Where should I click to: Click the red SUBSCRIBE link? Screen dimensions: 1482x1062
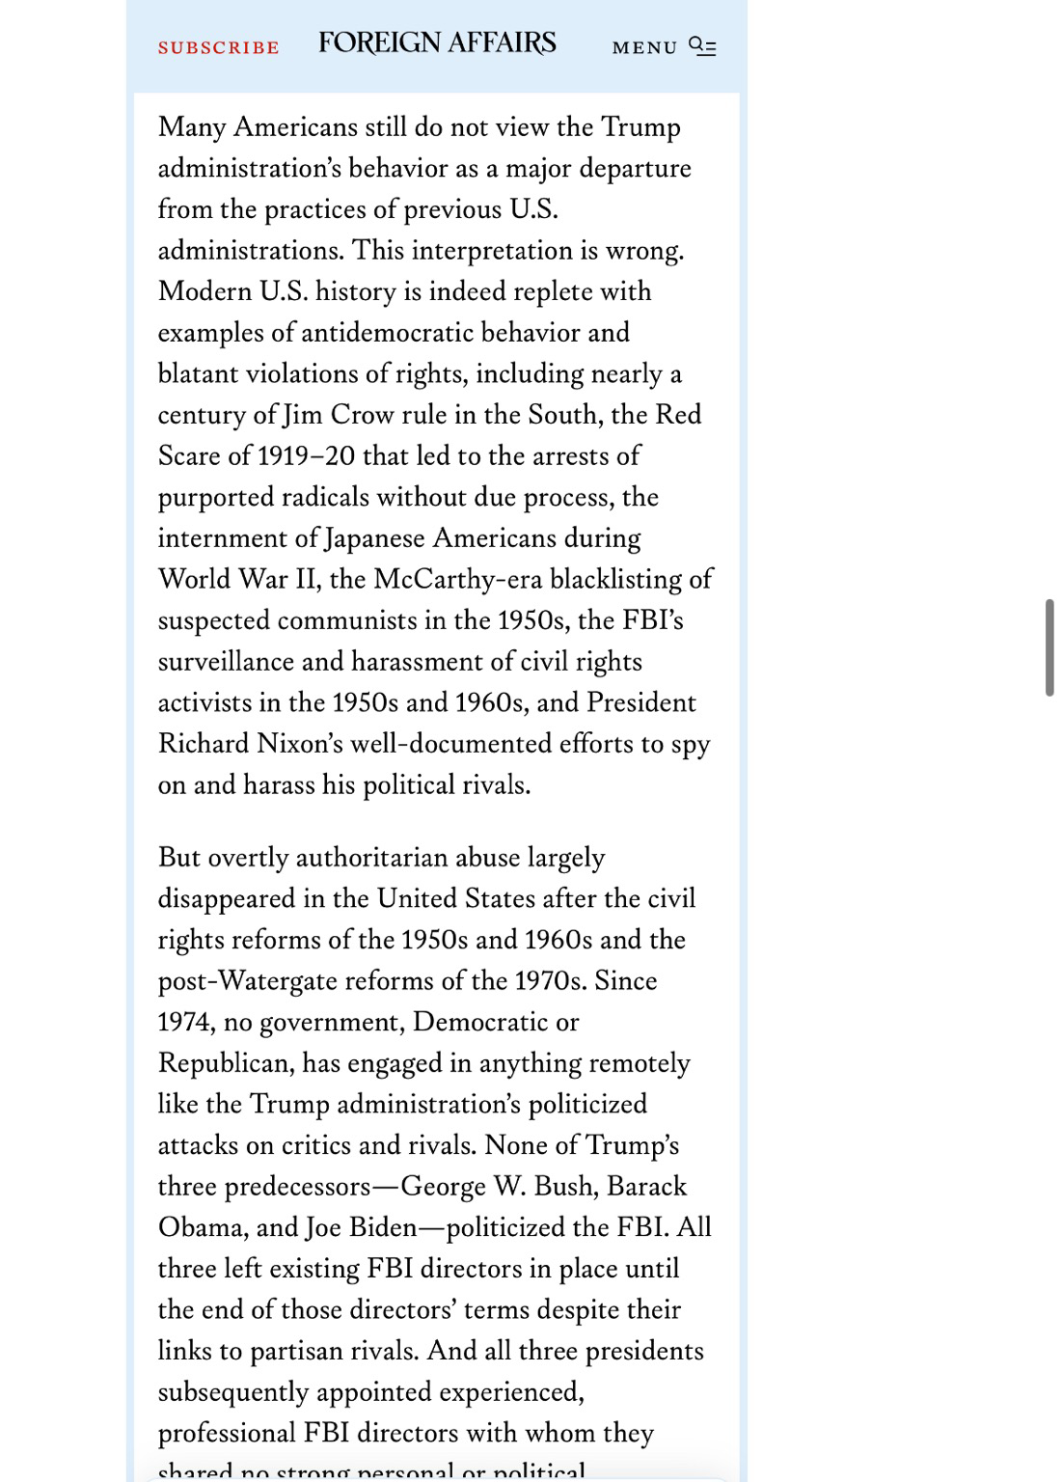pos(218,47)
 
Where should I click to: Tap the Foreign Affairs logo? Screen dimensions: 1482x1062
pos(437,43)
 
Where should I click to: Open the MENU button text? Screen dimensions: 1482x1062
pos(644,47)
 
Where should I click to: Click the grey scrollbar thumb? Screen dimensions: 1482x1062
pos(1048,646)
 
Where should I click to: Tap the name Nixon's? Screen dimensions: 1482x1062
pos(299,744)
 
